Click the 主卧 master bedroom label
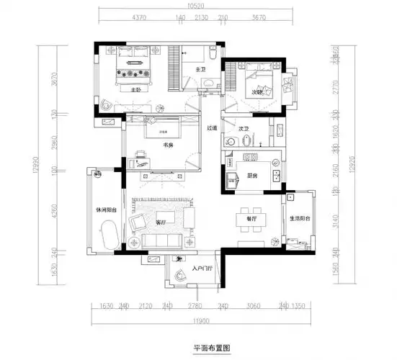(x=137, y=91)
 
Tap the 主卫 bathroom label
(x=202, y=69)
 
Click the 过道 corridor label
(x=211, y=128)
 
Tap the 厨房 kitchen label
(x=252, y=174)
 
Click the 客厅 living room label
(x=161, y=222)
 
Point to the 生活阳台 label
(x=299, y=219)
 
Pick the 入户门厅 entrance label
(x=202, y=271)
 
